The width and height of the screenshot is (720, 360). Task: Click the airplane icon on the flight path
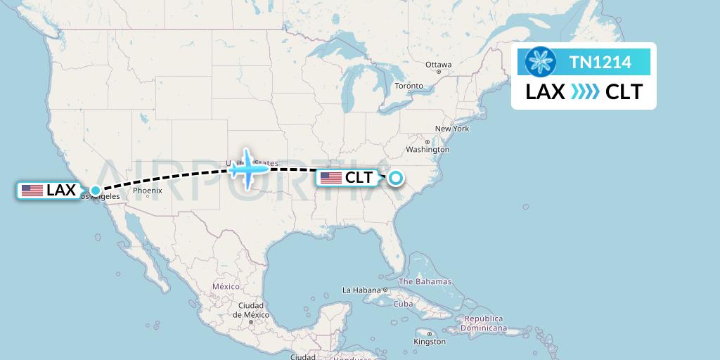[x=248, y=168]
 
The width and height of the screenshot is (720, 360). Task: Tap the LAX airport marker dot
[x=95, y=190]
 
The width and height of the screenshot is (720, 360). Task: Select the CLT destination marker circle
[x=395, y=178]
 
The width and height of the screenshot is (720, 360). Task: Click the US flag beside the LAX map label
[x=32, y=190]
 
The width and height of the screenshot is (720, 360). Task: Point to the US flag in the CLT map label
[x=330, y=178]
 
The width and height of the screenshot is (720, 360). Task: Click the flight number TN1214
[x=600, y=63]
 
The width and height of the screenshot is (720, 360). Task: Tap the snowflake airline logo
[x=541, y=63]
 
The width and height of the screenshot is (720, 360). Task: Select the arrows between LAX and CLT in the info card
[x=585, y=91]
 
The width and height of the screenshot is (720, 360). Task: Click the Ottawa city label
[x=438, y=65]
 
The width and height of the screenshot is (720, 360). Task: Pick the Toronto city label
[x=409, y=86]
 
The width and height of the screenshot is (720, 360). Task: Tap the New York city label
[x=451, y=129]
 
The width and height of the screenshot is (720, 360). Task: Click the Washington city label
[x=427, y=150]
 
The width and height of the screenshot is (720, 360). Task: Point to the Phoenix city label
[x=148, y=191]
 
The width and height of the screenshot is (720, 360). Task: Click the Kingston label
[x=430, y=342]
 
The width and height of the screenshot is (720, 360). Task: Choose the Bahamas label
[x=425, y=281]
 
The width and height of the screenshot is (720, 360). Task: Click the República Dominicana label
[x=484, y=323]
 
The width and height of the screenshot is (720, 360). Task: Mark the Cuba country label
[x=403, y=304]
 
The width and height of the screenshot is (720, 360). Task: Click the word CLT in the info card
[x=624, y=91]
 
